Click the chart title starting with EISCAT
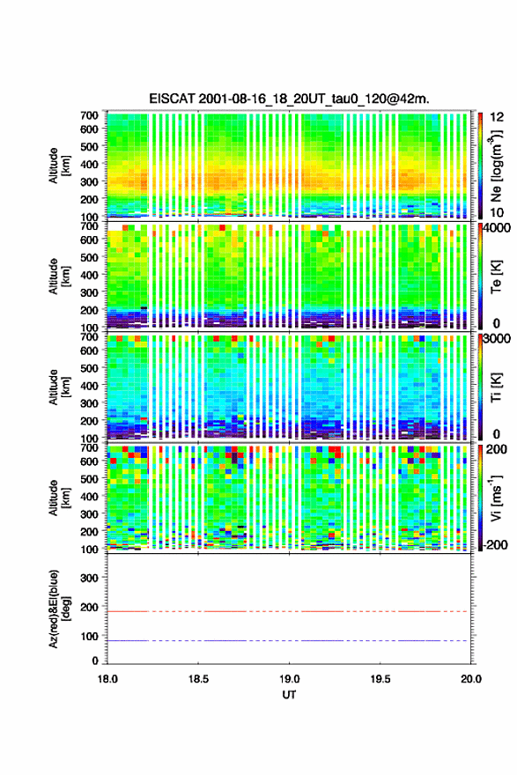(289, 99)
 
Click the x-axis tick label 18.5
(198, 679)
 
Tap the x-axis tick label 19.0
(289, 679)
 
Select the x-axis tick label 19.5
(380, 679)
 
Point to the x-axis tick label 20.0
(471, 679)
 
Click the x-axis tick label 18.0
(107, 679)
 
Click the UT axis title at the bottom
(289, 695)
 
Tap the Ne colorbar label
(496, 166)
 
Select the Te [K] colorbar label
(496, 277)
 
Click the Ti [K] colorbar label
(496, 387)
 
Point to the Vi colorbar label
(496, 498)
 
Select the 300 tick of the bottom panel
(90, 578)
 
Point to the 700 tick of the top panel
(90, 115)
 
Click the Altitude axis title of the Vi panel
(58, 498)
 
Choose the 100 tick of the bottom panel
(90, 636)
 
